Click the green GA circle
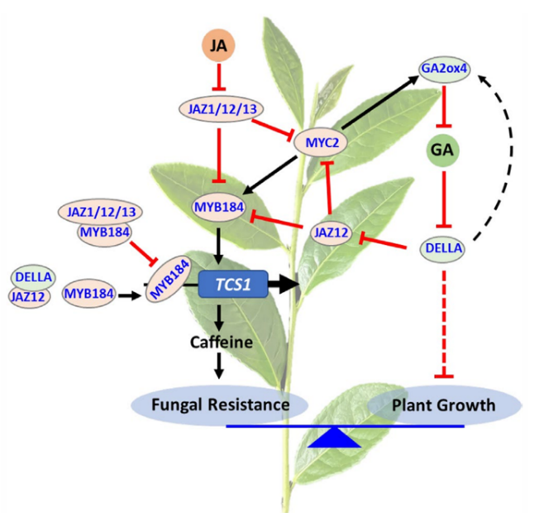pyautogui.click(x=446, y=150)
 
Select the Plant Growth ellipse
pyautogui.click(x=444, y=405)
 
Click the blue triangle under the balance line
pyautogui.click(x=333, y=438)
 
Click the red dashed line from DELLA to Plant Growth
pyautogui.click(x=445, y=323)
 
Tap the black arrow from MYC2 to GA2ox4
pyautogui.click(x=380, y=104)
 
